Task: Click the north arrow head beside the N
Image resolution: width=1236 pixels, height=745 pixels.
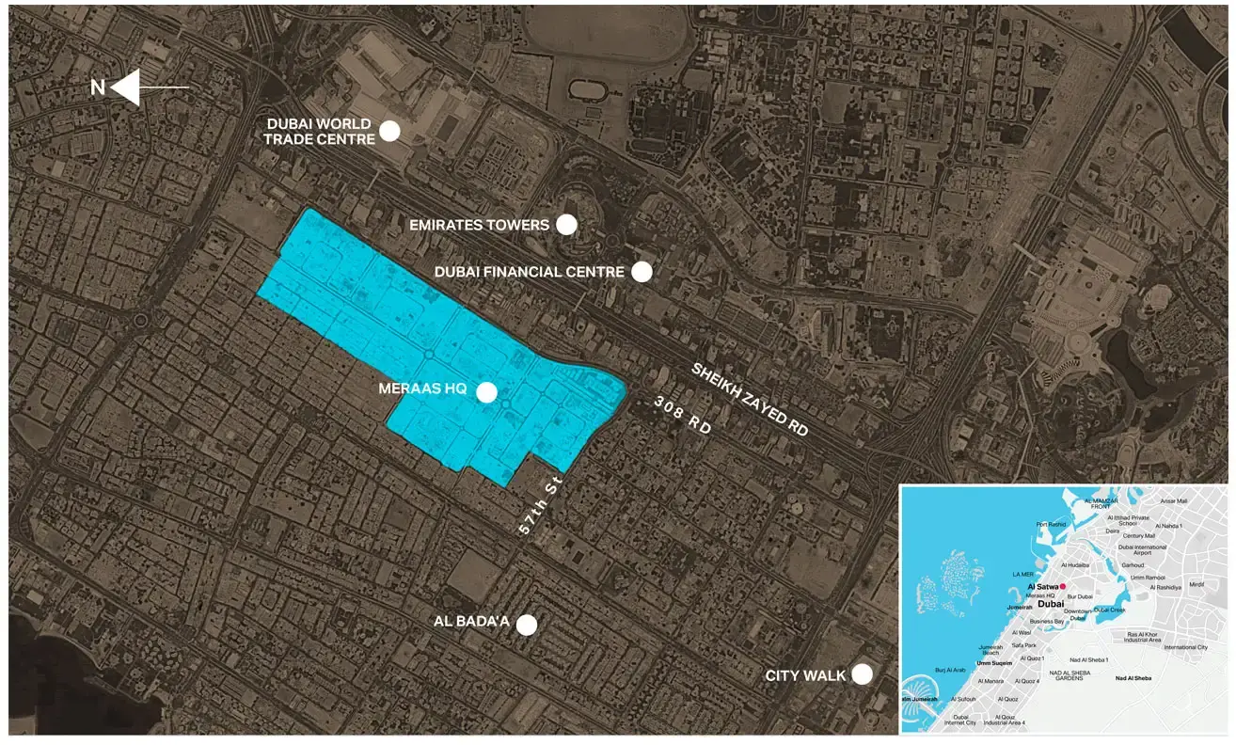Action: click(126, 87)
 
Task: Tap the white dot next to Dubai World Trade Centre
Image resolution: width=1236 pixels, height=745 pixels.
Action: click(389, 131)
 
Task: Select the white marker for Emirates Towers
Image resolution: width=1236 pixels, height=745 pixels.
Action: click(566, 224)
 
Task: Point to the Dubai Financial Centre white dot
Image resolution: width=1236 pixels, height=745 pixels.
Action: click(642, 272)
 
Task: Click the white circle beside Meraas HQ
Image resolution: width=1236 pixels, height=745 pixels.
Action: click(486, 392)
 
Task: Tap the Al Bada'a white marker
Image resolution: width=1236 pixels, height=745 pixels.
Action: click(527, 625)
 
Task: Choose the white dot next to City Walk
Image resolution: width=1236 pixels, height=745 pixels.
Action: click(862, 674)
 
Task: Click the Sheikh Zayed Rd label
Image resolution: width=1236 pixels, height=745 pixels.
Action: click(750, 398)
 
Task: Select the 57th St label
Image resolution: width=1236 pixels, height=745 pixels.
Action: click(539, 505)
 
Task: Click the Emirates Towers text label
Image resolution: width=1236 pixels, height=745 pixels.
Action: click(480, 225)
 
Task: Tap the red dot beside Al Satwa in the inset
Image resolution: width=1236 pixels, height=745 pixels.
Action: click(1062, 586)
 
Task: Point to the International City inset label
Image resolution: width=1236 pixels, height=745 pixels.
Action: click(1185, 647)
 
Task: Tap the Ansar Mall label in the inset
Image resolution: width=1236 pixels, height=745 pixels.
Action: click(1174, 501)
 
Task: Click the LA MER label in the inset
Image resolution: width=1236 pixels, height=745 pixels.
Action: click(1022, 574)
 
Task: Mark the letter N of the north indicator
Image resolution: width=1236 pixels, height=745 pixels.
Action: click(97, 87)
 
